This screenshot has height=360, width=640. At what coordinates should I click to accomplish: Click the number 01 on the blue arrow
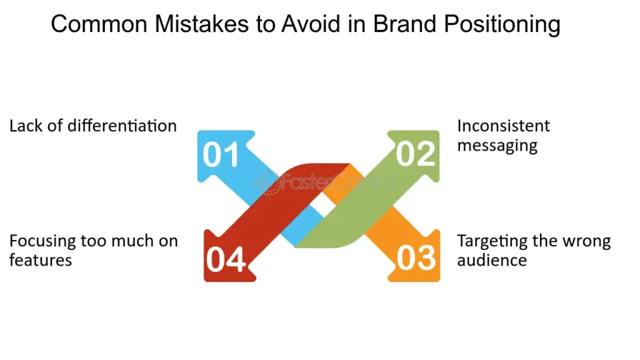221,155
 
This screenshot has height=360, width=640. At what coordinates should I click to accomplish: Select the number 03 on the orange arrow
415,258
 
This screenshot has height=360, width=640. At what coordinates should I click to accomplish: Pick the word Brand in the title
404,24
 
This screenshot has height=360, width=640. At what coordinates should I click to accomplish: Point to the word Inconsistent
503,126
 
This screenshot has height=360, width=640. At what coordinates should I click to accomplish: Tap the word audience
492,260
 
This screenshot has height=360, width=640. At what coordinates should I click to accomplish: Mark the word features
41,260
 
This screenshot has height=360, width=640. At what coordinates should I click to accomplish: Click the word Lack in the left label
24,126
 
